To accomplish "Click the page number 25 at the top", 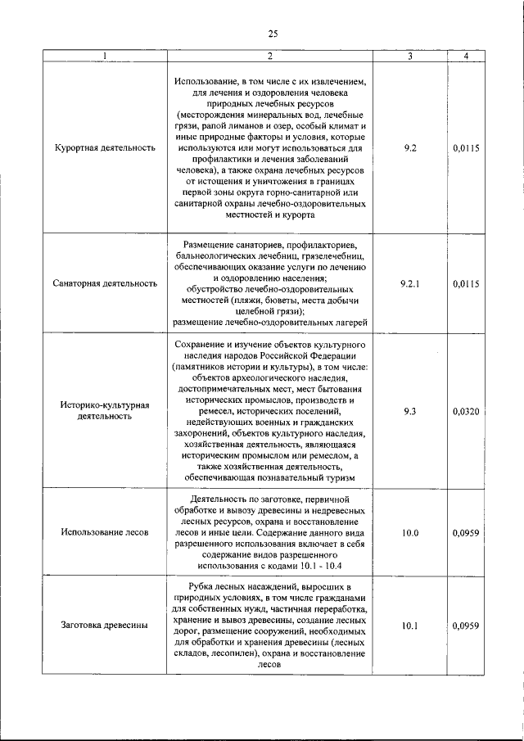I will (273, 34).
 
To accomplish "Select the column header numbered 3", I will (410, 56).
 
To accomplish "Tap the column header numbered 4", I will (465, 56).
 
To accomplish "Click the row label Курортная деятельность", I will (105, 148).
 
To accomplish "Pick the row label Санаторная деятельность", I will (105, 283).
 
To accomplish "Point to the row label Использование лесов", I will (105, 532).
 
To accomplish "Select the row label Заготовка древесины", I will (105, 626).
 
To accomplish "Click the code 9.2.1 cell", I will (410, 283).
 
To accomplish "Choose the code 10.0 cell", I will (410, 532).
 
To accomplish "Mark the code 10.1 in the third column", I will (410, 626).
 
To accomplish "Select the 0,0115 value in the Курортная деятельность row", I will (465, 148).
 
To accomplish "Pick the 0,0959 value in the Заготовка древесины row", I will (465, 626).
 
